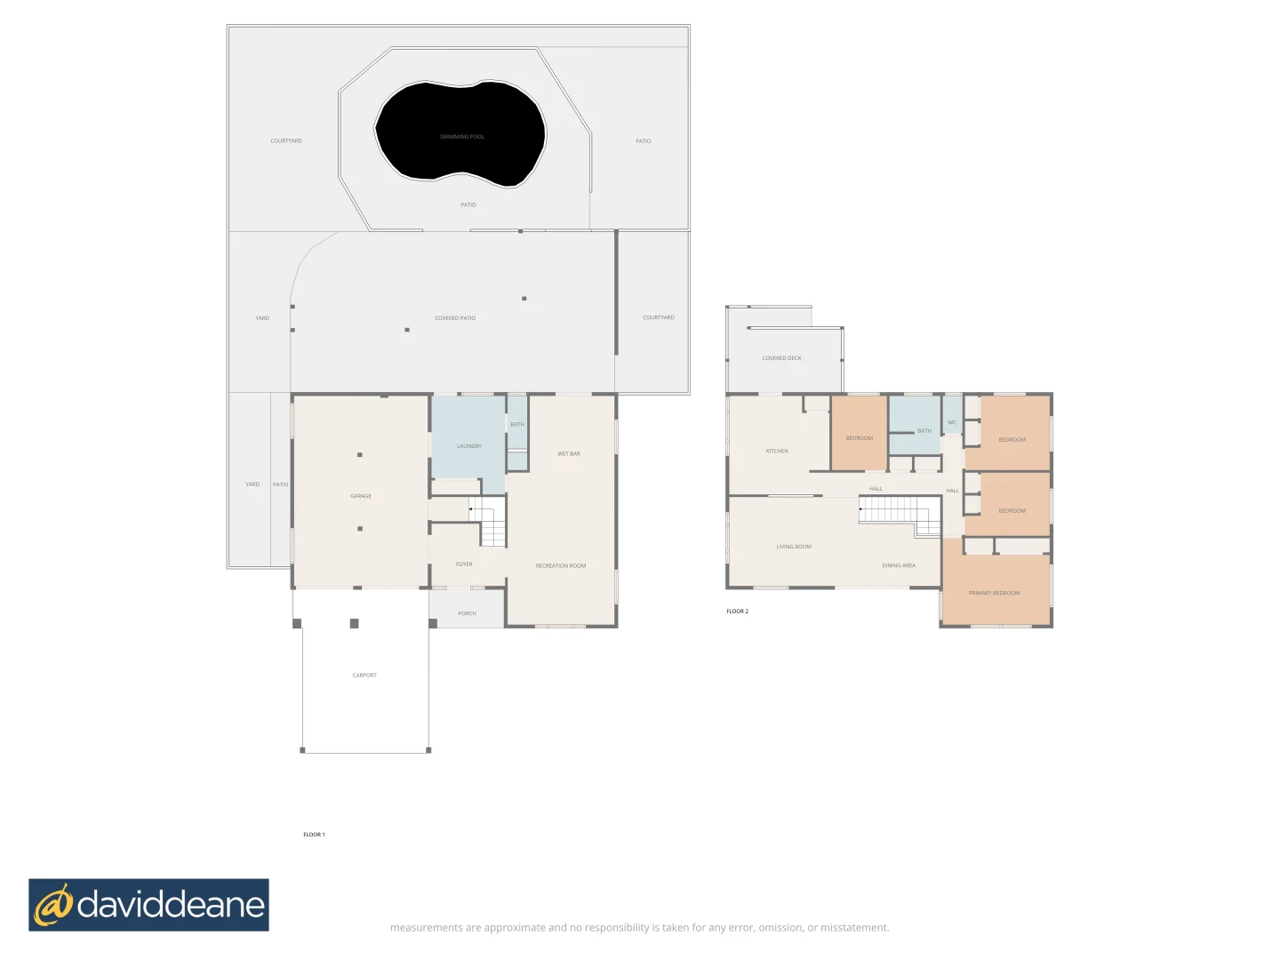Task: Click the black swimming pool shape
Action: [460, 133]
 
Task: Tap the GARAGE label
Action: [361, 496]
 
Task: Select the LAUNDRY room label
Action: [469, 446]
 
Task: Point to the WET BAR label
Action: [569, 454]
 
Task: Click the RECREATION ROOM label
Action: [561, 566]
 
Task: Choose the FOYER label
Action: [464, 564]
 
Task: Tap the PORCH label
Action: [468, 613]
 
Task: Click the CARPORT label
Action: [364, 676]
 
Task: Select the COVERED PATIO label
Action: [455, 318]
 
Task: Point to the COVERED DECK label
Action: [781, 358]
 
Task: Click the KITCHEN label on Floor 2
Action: [777, 452]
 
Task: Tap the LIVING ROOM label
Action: [794, 547]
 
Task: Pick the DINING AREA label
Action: [899, 565]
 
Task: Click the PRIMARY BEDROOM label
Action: [995, 593]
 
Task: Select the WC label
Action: [952, 423]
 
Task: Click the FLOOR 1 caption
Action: [314, 835]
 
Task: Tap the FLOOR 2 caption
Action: [737, 612]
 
